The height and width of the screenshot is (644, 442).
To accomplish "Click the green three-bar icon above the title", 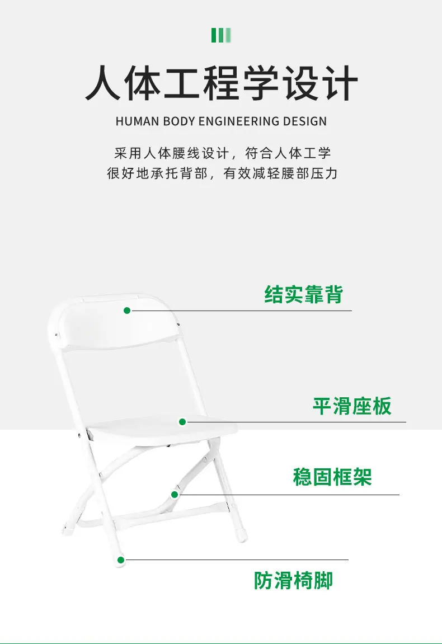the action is (x=221, y=35).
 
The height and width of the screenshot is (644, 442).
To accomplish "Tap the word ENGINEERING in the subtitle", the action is (x=239, y=121).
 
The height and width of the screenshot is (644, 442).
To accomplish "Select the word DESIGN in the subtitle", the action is (x=305, y=121).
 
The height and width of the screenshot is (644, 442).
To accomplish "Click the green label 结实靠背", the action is (x=303, y=294).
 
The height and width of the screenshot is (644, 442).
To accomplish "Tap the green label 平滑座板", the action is (x=352, y=406).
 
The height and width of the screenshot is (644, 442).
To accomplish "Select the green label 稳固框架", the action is (x=332, y=477).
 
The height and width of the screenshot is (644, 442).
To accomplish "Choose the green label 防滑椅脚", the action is (x=293, y=580).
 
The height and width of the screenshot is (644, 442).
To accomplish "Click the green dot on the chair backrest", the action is (x=127, y=311).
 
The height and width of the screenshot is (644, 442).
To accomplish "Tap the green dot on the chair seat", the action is (x=182, y=422).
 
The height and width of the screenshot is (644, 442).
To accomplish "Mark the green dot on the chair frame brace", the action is (x=175, y=495).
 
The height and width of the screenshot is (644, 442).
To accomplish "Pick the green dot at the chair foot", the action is (x=121, y=560).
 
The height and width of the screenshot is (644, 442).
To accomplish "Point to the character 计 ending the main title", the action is (x=340, y=83).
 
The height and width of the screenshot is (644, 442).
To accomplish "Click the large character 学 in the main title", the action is (x=261, y=83).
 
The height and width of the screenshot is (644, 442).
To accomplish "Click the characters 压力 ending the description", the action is (x=325, y=173).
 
